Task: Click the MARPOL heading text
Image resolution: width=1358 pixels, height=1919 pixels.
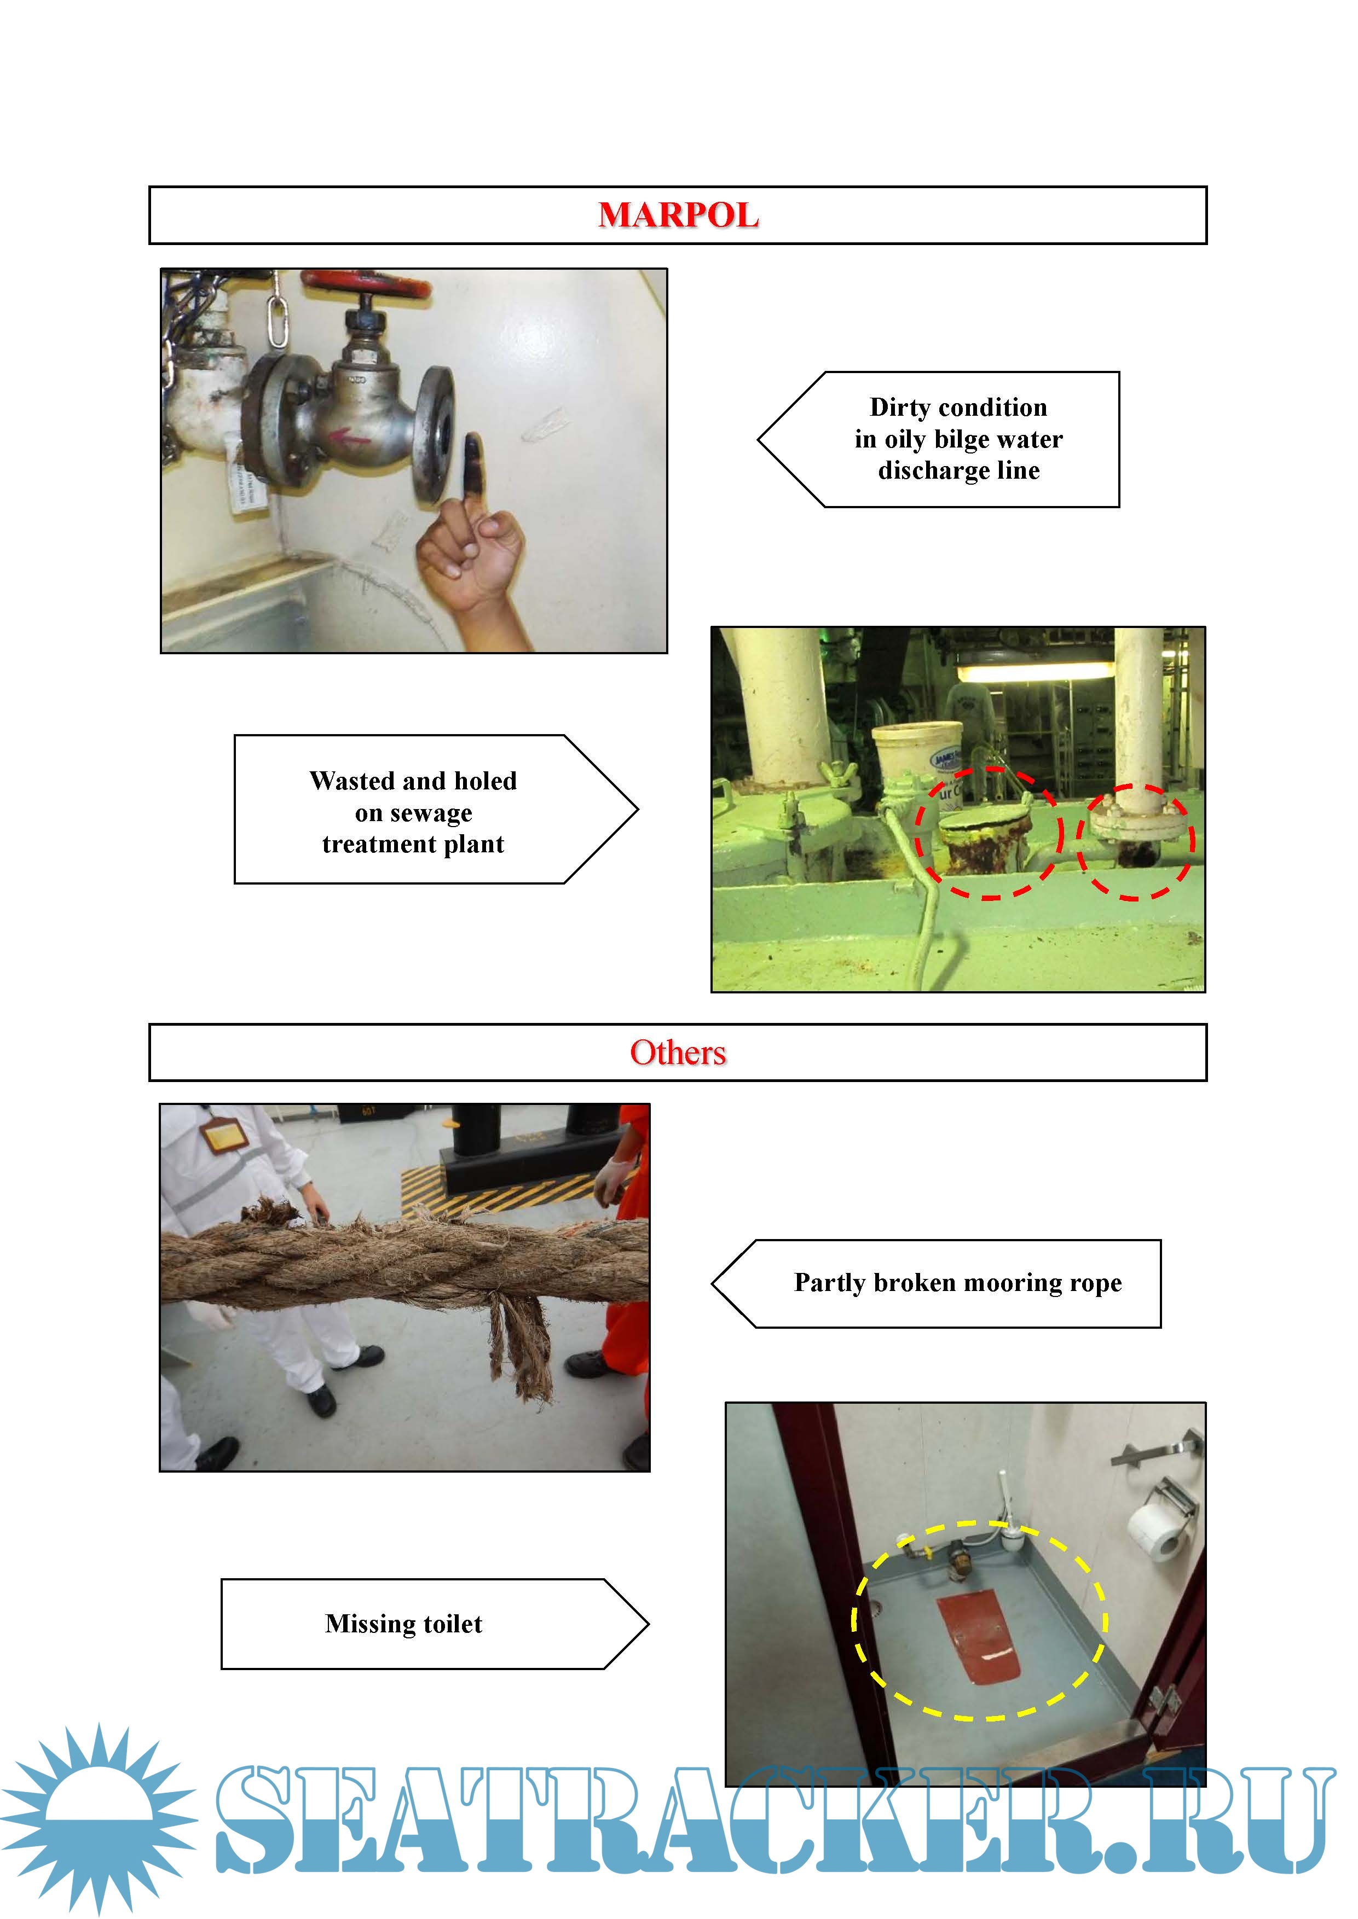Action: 678,216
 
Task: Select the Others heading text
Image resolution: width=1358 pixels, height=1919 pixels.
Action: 678,1052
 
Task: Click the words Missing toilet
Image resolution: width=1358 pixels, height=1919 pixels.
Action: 404,1624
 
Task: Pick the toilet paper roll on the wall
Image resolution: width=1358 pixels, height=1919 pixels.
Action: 1157,1526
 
